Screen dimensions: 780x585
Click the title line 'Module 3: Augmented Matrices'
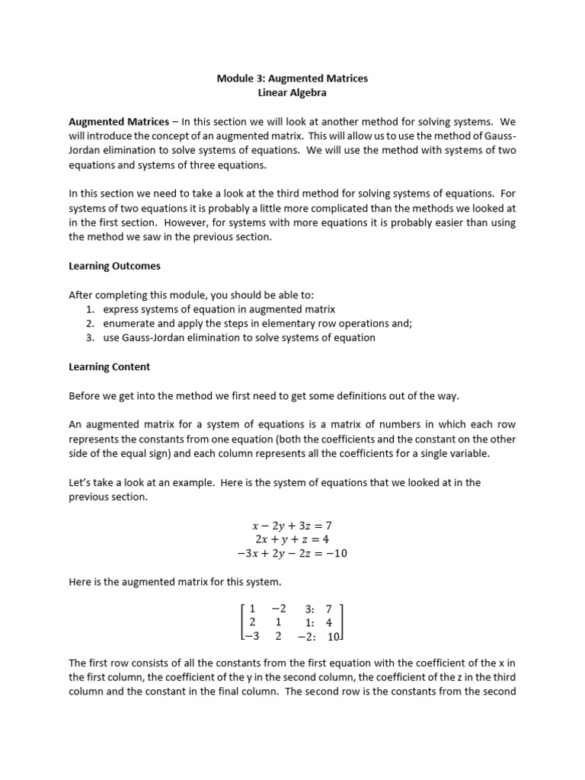click(x=292, y=78)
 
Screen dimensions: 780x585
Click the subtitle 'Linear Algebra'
click(x=292, y=93)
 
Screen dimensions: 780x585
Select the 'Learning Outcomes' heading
click(x=114, y=267)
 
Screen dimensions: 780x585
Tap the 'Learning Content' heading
click(x=110, y=366)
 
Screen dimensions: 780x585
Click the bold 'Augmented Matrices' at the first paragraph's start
click(x=119, y=121)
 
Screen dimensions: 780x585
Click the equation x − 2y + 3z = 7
click(x=292, y=526)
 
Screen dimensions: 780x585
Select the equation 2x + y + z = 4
click(x=292, y=539)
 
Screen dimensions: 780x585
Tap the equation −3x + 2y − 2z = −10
click(x=292, y=554)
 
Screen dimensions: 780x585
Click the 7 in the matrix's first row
click(x=329, y=609)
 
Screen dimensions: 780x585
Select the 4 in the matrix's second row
click(x=329, y=622)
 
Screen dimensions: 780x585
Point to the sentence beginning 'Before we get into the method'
click(x=264, y=395)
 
